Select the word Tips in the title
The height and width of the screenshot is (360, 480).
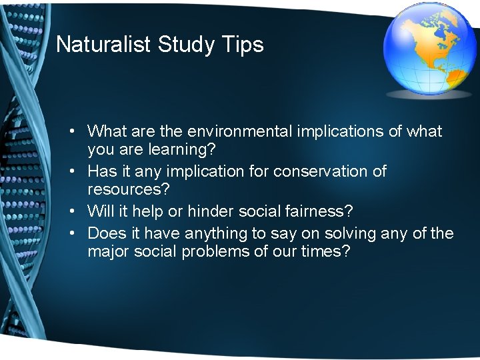(x=244, y=45)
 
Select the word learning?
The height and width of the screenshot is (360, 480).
(x=178, y=150)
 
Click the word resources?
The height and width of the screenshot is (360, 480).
(x=129, y=190)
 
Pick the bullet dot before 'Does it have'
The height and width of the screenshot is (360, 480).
(x=78, y=233)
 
